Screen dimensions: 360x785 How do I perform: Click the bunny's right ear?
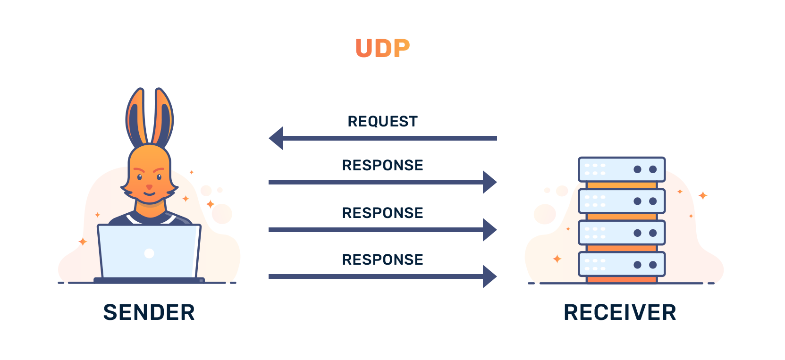pos(163,116)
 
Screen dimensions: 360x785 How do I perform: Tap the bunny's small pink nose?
pos(149,187)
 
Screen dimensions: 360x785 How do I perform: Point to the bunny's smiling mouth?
pos(149,193)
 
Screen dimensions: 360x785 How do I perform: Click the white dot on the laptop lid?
pos(149,253)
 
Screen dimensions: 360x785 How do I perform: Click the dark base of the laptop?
pos(149,280)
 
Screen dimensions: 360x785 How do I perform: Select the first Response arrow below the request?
pos(383,162)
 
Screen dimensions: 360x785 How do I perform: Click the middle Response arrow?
pos(383,209)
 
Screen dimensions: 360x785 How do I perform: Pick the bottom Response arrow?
pos(383,256)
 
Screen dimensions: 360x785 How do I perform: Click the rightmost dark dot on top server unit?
pos(653,169)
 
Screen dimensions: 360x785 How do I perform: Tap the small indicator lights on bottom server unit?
pos(595,264)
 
